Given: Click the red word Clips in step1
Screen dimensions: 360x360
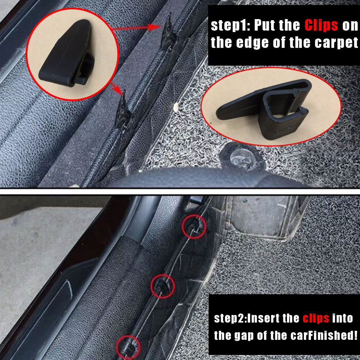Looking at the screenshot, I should pyautogui.click(x=321, y=25).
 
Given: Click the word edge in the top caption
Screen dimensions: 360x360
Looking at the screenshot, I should pyautogui.click(x=253, y=43).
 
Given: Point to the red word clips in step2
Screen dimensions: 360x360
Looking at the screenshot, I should pyautogui.click(x=316, y=319).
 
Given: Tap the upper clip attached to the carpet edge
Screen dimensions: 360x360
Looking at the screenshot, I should pyautogui.click(x=168, y=34).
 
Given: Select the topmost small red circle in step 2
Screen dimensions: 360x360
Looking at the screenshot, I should pyautogui.click(x=194, y=226).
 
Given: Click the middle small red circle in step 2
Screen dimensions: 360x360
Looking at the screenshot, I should pyautogui.click(x=163, y=286).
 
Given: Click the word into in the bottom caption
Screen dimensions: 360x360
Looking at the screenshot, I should pyautogui.click(x=342, y=319).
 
